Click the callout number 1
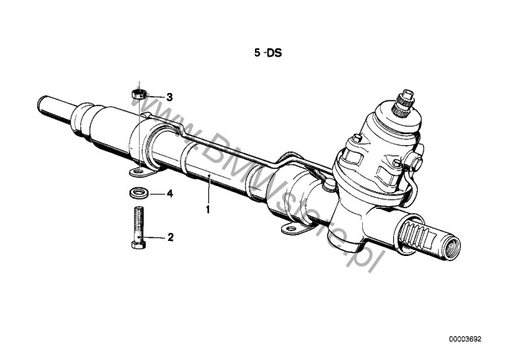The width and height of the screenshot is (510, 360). tap(208, 209)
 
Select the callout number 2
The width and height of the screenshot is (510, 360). tap(170, 237)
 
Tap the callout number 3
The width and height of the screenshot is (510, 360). tap(170, 97)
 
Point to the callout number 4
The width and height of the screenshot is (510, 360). tap(170, 194)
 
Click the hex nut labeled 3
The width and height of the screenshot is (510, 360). tap(138, 94)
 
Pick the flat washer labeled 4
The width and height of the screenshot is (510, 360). tap(140, 193)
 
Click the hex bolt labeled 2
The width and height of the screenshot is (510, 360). tap(138, 228)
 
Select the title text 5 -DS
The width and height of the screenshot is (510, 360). tap(268, 53)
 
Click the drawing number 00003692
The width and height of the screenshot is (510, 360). tap(465, 339)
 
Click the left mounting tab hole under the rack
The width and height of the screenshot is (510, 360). tap(139, 170)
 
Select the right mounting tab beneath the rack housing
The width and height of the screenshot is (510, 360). tap(294, 228)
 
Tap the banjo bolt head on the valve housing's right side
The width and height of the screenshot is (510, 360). tap(415, 161)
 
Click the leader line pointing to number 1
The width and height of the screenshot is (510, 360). tap(209, 190)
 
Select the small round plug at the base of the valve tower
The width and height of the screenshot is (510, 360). tap(329, 184)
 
